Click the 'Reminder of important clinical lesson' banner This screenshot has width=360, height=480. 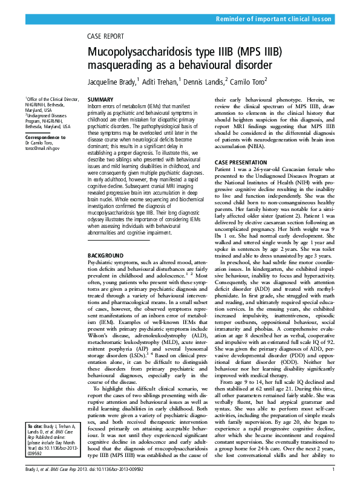(273, 20)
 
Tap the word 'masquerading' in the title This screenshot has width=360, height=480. (128, 64)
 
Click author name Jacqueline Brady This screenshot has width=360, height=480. (109, 82)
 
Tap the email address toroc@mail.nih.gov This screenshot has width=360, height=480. (42, 146)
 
